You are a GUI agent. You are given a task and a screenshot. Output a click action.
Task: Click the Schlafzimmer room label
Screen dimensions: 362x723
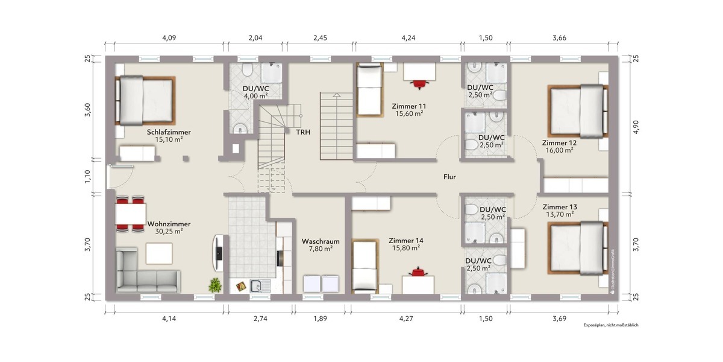[169, 132]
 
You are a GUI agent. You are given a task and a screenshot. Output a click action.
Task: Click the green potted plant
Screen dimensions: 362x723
[214, 285]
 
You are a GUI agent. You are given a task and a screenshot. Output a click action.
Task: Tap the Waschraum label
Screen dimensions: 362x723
[321, 241]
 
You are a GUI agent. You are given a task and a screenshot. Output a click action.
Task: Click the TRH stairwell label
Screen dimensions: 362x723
[303, 132]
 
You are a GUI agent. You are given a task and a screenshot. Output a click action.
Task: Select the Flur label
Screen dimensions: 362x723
[449, 177]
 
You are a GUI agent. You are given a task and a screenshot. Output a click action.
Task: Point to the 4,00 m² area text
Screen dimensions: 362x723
[255, 95]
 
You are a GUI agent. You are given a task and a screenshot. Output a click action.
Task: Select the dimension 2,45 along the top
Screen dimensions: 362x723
[319, 38]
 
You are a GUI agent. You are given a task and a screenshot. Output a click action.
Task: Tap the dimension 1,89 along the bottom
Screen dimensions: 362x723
[321, 319]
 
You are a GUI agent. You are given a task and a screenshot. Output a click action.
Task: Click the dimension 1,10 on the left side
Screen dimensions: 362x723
[87, 176]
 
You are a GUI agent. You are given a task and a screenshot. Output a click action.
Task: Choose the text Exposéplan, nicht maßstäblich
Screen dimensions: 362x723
[610, 325]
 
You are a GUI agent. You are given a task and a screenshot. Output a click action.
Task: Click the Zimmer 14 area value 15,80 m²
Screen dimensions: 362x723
[404, 247]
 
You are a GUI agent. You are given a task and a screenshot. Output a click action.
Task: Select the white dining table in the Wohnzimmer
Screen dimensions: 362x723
[130, 214]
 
